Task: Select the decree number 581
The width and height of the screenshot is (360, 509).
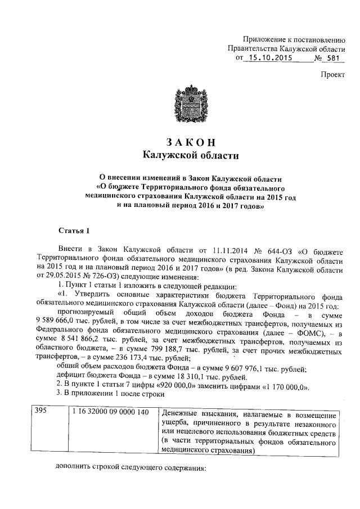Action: click(334, 58)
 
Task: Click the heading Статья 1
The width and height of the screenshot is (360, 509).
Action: click(74, 231)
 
